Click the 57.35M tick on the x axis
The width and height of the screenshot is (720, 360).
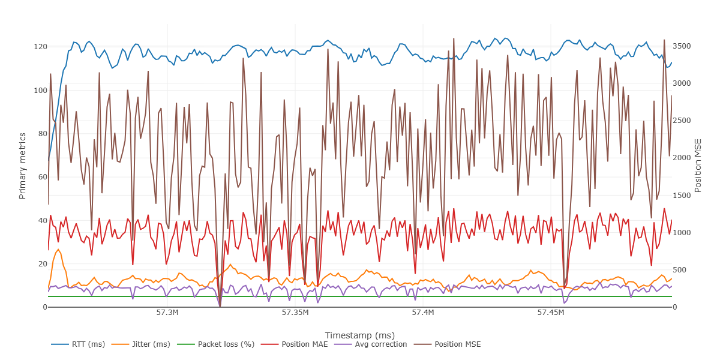point(295,313)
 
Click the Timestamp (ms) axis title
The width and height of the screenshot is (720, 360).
point(359,335)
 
